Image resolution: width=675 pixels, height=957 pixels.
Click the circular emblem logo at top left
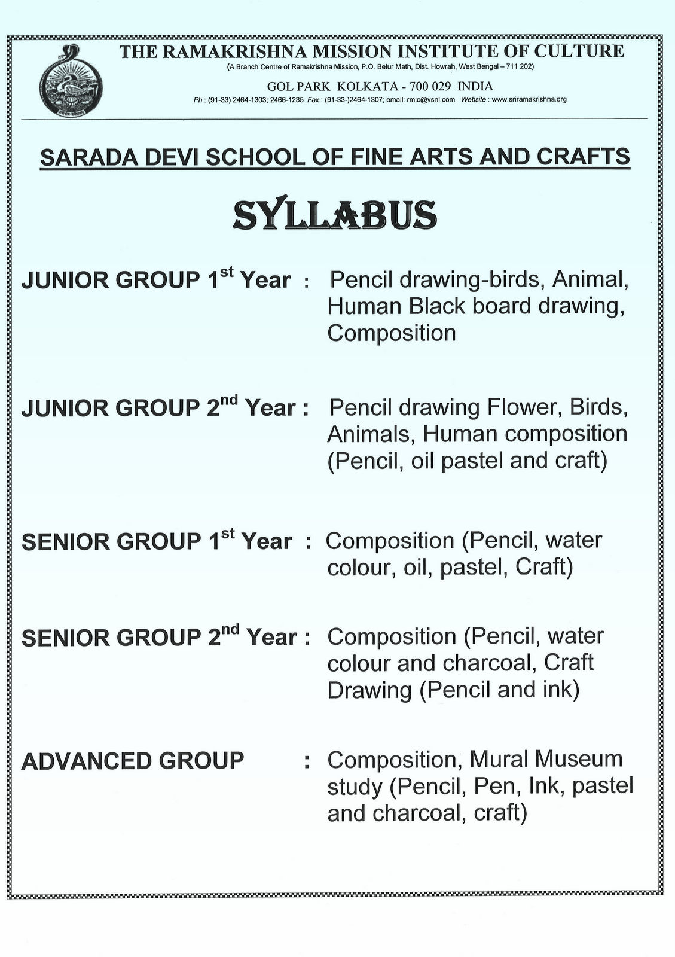tap(71, 83)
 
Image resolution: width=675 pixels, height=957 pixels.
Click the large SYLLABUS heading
tap(335, 215)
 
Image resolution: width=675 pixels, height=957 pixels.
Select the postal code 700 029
tap(430, 86)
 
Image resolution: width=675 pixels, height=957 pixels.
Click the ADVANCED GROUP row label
tap(133, 761)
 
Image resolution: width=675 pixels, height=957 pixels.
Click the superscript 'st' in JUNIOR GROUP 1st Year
tap(226, 272)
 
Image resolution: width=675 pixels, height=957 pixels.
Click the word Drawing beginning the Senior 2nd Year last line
tap(369, 690)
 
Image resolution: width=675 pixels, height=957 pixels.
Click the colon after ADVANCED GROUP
tap(307, 762)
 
